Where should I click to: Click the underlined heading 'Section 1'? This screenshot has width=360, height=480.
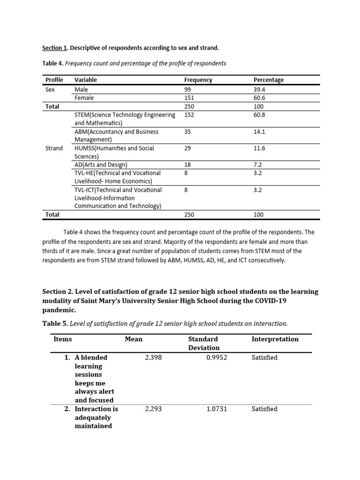[52, 48]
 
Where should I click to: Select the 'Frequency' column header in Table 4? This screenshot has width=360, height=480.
[198, 80]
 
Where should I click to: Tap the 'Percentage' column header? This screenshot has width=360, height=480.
[268, 80]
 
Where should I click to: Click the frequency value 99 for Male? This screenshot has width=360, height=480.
[188, 89]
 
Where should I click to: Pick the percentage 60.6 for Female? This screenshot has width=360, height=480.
[259, 97]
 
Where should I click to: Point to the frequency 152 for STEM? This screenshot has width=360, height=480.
[189, 115]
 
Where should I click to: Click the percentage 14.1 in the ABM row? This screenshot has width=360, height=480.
[259, 132]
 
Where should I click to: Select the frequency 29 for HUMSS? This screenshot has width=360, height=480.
[188, 148]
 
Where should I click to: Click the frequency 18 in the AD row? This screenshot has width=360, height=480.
[188, 165]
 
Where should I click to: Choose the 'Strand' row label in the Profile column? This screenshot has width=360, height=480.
[53, 148]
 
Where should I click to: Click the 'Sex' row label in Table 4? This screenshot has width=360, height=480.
[50, 89]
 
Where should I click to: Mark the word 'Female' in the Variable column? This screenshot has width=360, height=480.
[84, 97]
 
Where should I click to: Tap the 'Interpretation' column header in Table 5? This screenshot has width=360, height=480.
[275, 339]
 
